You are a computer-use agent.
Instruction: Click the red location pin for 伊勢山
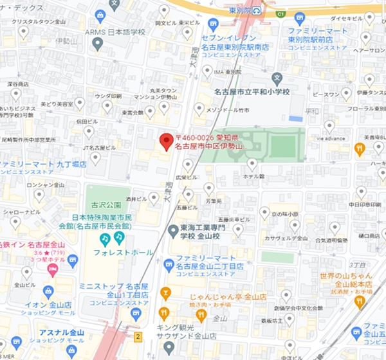(166, 140)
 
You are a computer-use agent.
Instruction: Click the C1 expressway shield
(279, 13)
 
